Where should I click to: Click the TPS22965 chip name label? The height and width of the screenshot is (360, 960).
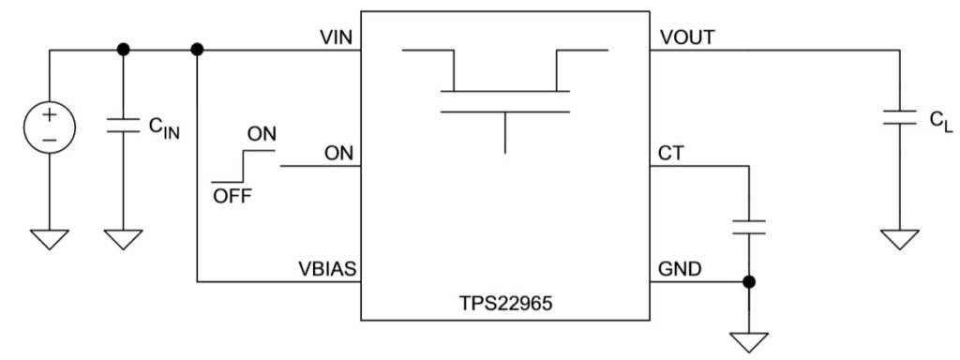[x=506, y=305]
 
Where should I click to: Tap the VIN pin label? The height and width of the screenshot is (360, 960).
[x=337, y=37]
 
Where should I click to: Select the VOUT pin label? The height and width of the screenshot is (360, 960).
[x=688, y=37]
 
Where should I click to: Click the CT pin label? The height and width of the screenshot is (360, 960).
[x=672, y=153]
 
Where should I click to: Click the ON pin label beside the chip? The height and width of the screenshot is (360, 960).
[x=338, y=153]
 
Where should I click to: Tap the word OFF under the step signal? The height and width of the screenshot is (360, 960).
[x=231, y=196]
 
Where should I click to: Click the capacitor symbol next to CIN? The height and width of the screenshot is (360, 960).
[x=121, y=126]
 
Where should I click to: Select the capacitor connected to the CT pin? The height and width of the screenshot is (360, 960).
[x=749, y=226]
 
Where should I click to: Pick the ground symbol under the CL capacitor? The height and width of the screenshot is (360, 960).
[x=901, y=239]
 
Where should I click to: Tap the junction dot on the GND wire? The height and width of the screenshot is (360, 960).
[x=749, y=280]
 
